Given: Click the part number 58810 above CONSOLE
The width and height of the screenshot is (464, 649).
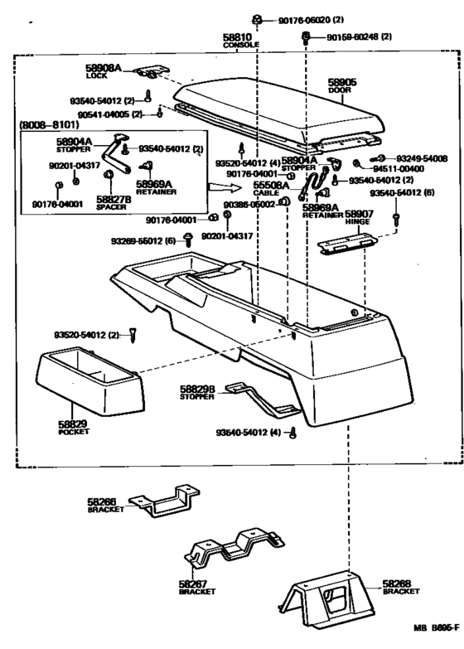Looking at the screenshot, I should click(x=236, y=38).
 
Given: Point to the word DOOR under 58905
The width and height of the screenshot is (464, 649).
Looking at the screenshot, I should click(x=341, y=90).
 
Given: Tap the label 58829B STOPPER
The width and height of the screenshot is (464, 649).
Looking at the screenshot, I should click(x=197, y=392).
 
